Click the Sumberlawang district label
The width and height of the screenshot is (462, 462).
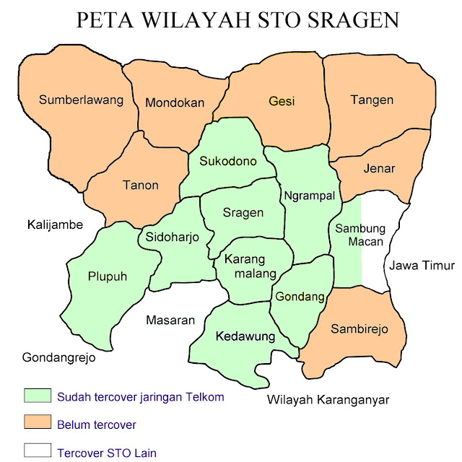point(82,100)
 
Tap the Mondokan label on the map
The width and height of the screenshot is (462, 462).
point(175,103)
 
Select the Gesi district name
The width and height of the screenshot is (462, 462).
point(282,101)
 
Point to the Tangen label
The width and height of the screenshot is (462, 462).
point(372,100)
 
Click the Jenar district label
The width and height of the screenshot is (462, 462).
point(380,169)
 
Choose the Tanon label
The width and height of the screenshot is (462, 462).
point(139,185)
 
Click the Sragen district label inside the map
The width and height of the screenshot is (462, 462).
point(243,212)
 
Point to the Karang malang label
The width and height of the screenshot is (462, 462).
point(251,266)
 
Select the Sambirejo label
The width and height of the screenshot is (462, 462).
point(359,329)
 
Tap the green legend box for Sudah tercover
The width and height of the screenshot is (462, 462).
point(37,396)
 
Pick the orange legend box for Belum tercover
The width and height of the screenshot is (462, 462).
point(37,423)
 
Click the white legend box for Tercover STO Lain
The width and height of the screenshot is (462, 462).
point(37,451)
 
